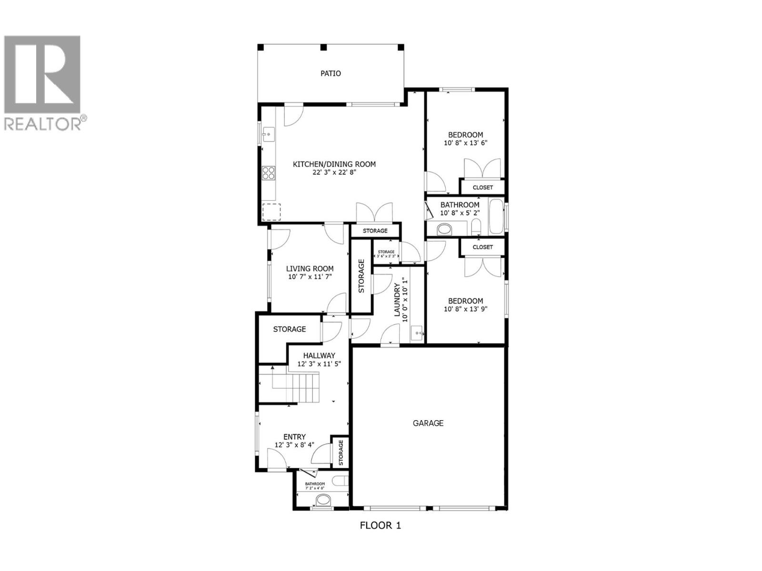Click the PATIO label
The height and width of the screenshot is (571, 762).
331,74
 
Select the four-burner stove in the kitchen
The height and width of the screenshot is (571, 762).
269,173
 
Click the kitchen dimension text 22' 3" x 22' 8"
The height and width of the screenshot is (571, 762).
334,173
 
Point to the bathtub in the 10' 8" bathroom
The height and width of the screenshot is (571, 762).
496,217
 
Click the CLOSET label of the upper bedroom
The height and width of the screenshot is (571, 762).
482,187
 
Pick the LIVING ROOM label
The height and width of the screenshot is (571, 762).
310,269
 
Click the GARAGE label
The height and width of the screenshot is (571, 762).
428,423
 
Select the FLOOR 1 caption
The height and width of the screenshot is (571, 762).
380,526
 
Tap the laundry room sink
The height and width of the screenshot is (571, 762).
417,333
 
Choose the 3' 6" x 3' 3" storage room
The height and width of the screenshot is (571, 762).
386,254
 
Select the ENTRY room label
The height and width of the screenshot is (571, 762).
294,437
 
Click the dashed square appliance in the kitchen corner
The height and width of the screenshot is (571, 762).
271,212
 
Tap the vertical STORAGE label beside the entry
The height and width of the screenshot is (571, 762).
341,453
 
